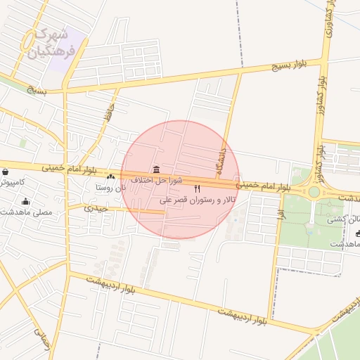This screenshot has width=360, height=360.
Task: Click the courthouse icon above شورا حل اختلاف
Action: pos(155,170)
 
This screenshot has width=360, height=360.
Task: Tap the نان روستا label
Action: pos(110,188)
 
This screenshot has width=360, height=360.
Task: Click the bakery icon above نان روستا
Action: pos(110,177)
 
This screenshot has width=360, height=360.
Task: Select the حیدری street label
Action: pos(96,208)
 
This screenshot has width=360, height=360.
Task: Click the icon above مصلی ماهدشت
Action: pos(26,201)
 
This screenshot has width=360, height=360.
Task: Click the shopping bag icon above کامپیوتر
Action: pos(6,172)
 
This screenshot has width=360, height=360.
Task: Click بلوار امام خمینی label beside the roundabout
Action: pos(263,186)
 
